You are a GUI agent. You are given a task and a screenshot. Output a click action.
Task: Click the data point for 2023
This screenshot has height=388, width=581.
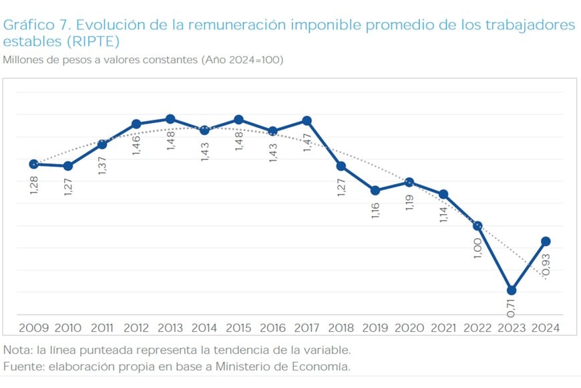[x=512, y=290]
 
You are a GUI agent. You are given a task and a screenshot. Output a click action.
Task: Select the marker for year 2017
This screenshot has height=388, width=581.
[x=307, y=120]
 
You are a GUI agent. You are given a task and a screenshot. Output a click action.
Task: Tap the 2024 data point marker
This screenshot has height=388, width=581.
[x=546, y=241]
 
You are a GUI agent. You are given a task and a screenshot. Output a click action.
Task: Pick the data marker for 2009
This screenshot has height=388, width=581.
[x=33, y=164]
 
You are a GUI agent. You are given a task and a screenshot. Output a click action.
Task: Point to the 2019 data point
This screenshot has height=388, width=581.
[x=375, y=191]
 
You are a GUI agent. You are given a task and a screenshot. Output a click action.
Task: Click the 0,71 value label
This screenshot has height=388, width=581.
[x=511, y=306]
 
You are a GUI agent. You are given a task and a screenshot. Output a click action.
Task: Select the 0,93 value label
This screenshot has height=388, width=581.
[x=546, y=264]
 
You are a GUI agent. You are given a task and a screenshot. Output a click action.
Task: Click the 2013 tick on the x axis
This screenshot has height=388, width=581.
[x=170, y=328]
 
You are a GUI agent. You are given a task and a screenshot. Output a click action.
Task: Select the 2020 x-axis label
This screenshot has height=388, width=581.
[x=409, y=328]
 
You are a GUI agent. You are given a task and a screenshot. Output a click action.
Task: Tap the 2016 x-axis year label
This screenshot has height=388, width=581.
[x=272, y=328]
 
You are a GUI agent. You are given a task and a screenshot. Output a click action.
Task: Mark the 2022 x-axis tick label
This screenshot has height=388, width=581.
[x=477, y=328]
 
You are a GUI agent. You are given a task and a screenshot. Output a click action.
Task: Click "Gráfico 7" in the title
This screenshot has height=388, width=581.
[x=35, y=25]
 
